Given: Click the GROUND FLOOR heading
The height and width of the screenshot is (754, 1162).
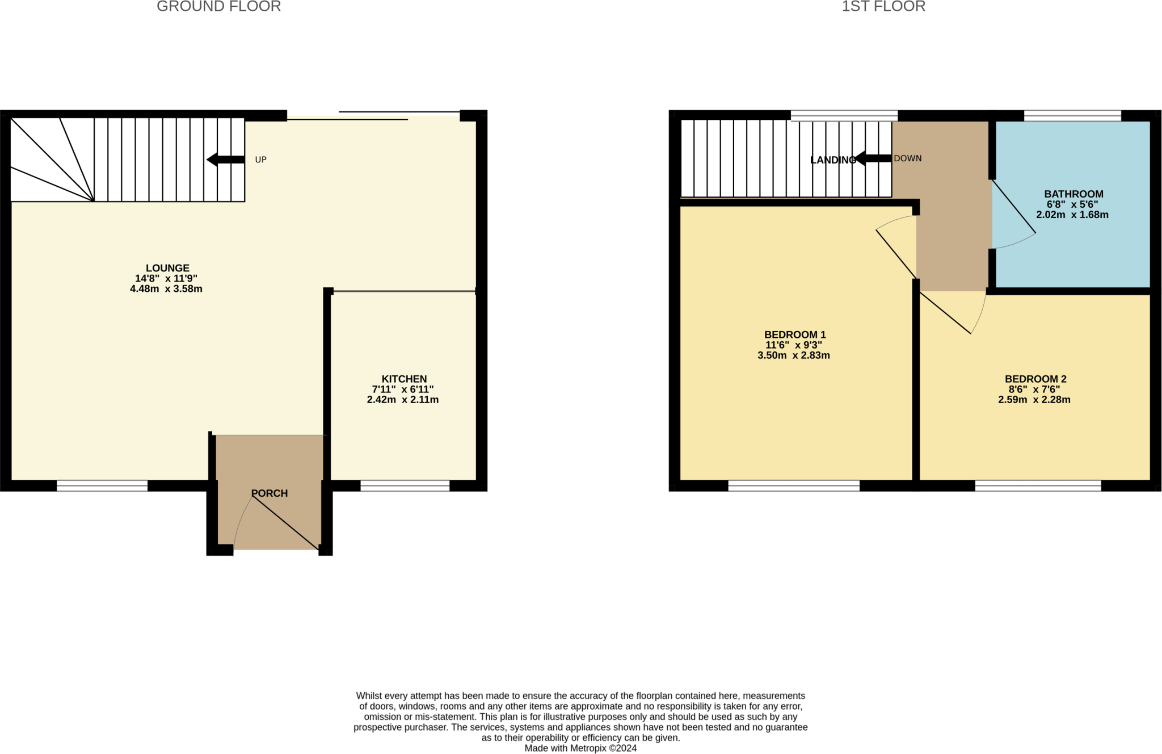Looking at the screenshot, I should pyautogui.click(x=218, y=7).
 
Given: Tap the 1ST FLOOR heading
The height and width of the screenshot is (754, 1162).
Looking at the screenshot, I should pyautogui.click(x=883, y=7).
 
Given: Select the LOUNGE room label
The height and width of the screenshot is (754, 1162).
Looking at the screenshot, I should pyautogui.click(x=167, y=268).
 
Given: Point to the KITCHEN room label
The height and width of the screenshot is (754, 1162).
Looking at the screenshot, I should pyautogui.click(x=404, y=379).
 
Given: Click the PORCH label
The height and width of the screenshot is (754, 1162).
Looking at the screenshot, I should pyautogui.click(x=270, y=493).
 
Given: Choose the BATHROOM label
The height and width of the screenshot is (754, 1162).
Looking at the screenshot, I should pyautogui.click(x=1073, y=194).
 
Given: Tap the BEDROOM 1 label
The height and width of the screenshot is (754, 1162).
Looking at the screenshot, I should pyautogui.click(x=794, y=334).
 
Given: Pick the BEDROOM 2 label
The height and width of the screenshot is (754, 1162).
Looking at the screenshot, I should pyautogui.click(x=1035, y=379).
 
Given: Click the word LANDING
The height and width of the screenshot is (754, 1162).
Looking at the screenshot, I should pyautogui.click(x=832, y=160).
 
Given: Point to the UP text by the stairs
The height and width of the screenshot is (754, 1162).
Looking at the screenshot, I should pyautogui.click(x=260, y=160).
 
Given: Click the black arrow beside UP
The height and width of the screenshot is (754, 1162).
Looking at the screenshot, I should pyautogui.click(x=225, y=160).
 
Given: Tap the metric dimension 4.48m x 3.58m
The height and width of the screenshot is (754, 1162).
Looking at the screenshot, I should pyautogui.click(x=166, y=288).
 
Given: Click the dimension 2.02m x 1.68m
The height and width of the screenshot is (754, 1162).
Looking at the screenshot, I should pyautogui.click(x=1072, y=215).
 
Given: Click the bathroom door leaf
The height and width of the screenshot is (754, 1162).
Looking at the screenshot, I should pyautogui.click(x=1014, y=207).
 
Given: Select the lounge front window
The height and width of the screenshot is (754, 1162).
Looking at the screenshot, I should pyautogui.click(x=102, y=485).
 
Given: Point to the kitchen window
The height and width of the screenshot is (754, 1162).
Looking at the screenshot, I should pyautogui.click(x=405, y=485).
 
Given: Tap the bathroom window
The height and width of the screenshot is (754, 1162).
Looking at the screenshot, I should pyautogui.click(x=1072, y=116).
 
